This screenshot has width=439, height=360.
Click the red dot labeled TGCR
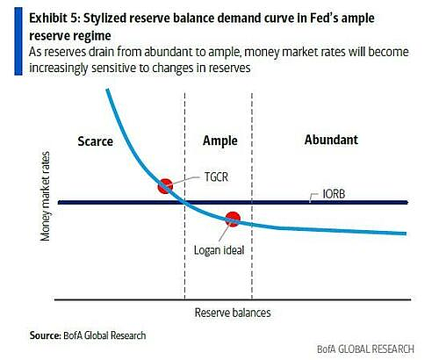coord(165,186)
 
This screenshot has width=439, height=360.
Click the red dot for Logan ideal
coord(233,220)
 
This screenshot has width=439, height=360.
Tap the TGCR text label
coord(216,176)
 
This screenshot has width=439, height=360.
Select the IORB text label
coord(334,194)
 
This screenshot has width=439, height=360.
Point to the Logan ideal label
coord(219,250)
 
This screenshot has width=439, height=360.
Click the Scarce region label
coord(96,141)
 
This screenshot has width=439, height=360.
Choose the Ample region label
coord(220,140)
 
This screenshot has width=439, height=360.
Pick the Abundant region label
coord(331,140)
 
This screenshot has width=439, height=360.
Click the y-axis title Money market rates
coord(46,197)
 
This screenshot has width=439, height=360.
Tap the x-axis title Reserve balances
coord(233,313)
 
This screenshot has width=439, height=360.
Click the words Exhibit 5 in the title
coord(54,18)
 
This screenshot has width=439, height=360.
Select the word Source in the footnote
coord(45,335)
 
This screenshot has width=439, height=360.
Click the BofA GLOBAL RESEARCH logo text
coord(365,349)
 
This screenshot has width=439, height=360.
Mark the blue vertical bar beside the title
coord(18,41)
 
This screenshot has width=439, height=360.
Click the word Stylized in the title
coord(104,18)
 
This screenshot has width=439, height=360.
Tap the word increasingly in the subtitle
coord(58,68)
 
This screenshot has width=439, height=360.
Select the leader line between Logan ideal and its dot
coord(224,234)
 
